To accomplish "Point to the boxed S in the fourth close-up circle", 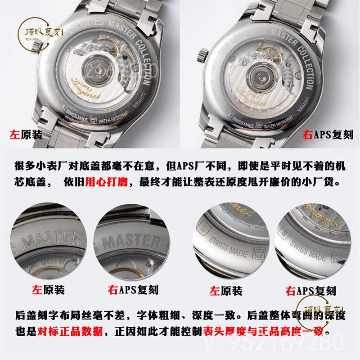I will point(283,233).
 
